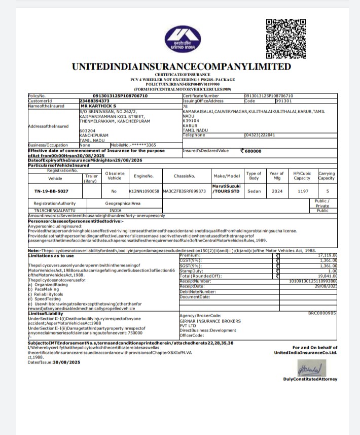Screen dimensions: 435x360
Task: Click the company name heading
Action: tap(181, 66)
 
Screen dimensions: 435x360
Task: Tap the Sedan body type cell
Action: tap(254, 191)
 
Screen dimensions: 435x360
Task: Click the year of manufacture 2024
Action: tap(276, 191)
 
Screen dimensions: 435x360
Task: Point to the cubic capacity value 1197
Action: tap(303, 191)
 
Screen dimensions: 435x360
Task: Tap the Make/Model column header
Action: tap(227, 176)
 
